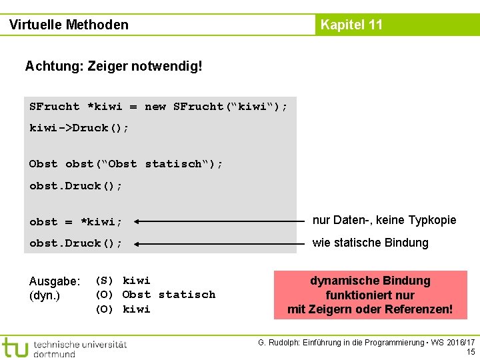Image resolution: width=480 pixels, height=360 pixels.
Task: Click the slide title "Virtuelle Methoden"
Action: [69, 25]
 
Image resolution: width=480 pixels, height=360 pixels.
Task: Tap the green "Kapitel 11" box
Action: [351, 25]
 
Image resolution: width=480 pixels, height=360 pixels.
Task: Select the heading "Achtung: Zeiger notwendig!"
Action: [113, 67]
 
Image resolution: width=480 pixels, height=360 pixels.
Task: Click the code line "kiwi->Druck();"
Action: [79, 128]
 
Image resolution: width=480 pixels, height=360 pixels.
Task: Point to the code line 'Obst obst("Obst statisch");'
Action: [126, 164]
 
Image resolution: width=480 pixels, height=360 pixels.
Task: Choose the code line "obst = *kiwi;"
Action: [75, 222]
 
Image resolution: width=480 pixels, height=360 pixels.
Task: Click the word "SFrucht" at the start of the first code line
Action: [54, 107]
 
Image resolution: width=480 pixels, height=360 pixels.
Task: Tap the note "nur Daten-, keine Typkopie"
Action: [384, 220]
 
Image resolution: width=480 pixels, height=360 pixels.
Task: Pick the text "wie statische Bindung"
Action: [370, 243]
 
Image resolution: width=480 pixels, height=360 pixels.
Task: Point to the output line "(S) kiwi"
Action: [123, 281]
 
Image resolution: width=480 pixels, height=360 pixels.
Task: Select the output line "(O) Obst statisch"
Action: [155, 295]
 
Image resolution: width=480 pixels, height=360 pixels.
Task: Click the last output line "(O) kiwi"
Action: [123, 309]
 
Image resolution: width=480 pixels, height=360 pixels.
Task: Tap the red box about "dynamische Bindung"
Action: [369, 295]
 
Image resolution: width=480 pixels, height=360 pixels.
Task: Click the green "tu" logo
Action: [15, 347]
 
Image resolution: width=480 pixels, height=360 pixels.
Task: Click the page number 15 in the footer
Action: [471, 351]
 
